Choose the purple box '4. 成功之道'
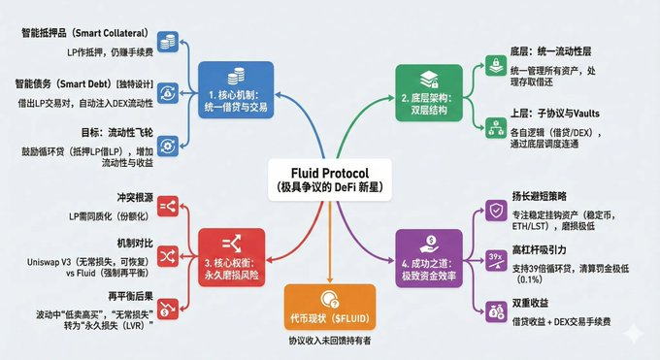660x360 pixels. [427, 254]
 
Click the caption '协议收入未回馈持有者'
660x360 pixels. [330, 342]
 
